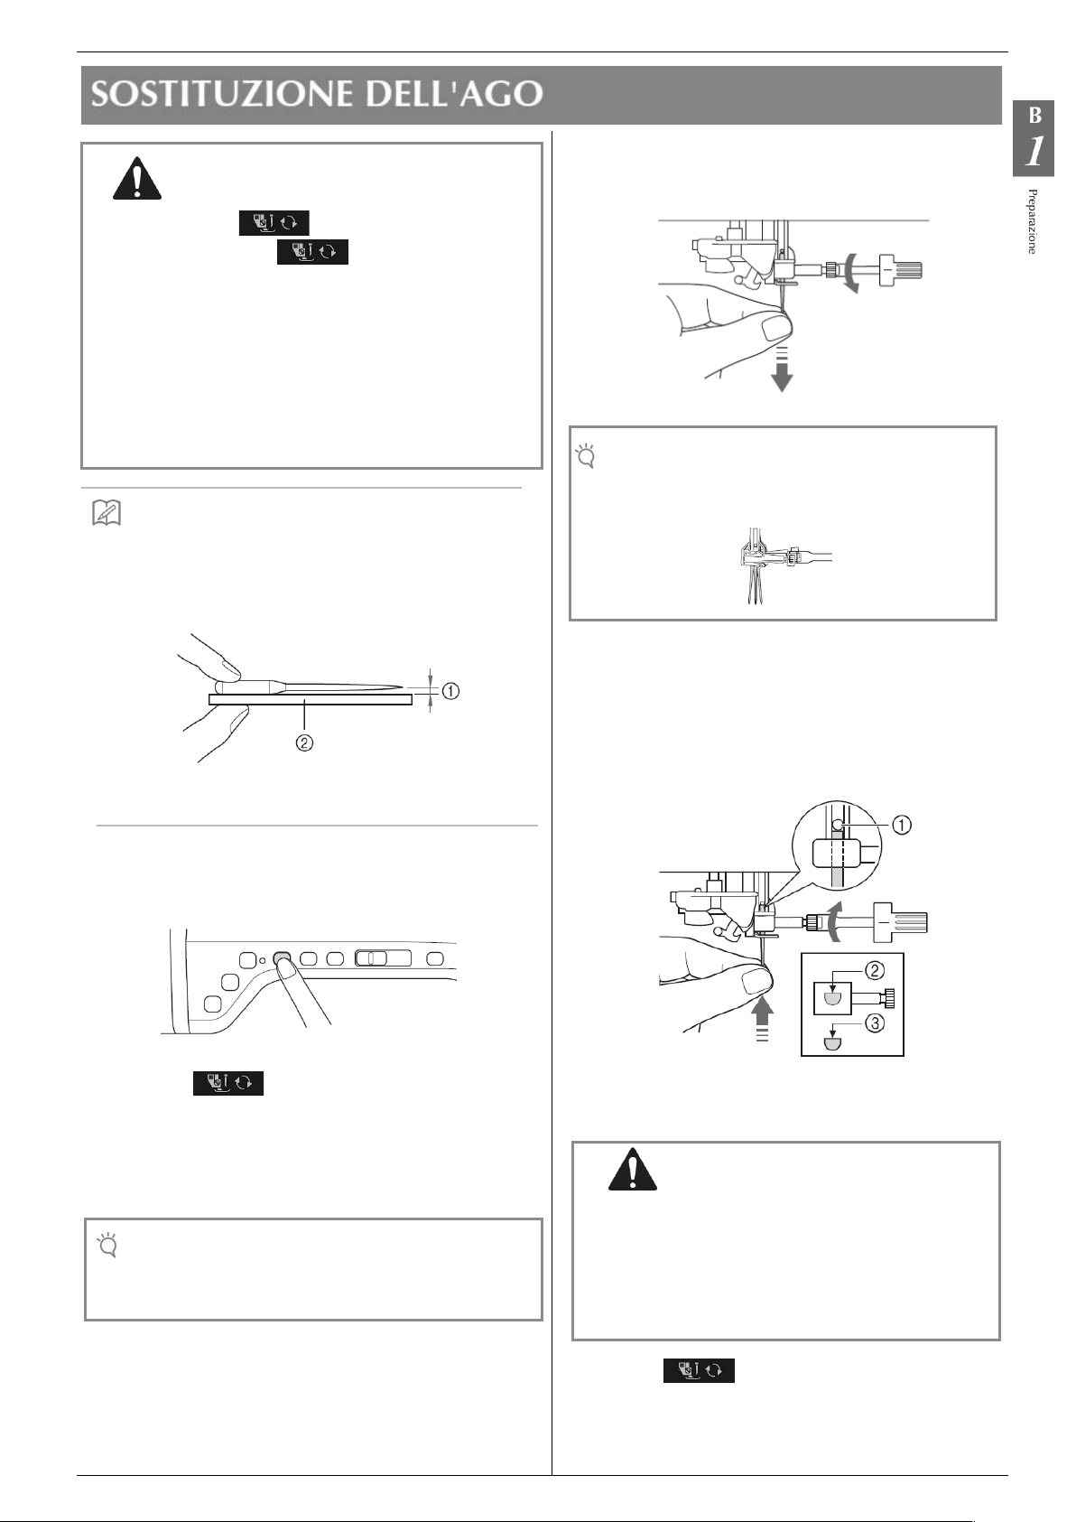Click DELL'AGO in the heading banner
[454, 94]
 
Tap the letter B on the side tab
[1034, 117]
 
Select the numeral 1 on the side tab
[1034, 152]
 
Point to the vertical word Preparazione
[1032, 221]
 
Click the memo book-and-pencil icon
[107, 513]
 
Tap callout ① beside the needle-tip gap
[450, 691]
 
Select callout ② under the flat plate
[304, 742]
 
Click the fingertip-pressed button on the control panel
[281, 958]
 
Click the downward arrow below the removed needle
[782, 370]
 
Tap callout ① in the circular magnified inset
[902, 825]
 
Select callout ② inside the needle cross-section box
[875, 971]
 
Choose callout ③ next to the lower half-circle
[875, 1023]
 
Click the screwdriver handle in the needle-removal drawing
[901, 270]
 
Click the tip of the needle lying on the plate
[401, 687]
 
